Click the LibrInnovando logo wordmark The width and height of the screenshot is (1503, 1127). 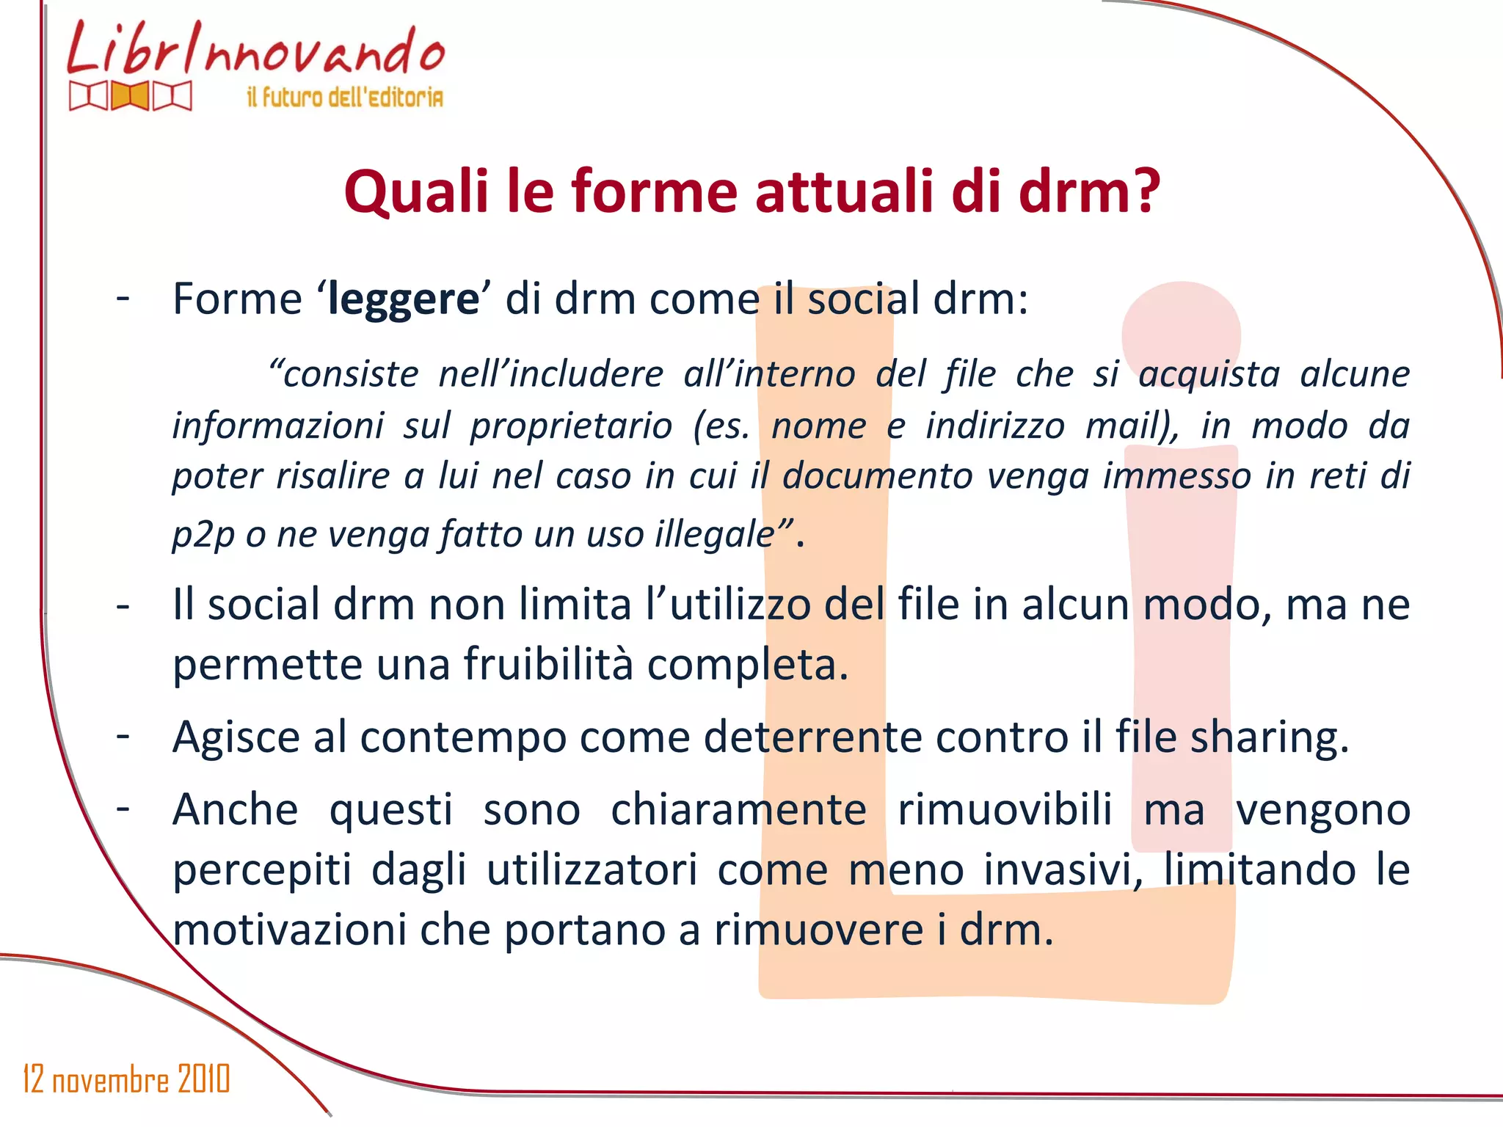255,50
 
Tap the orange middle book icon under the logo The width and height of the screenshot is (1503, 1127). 131,96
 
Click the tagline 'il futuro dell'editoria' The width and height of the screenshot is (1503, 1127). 345,97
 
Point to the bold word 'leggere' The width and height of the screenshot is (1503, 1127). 403,300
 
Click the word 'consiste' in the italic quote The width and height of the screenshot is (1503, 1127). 343,374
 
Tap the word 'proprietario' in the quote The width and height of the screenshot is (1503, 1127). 571,426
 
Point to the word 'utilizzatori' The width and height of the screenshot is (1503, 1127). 592,870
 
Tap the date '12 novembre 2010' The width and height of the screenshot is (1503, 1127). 126,1079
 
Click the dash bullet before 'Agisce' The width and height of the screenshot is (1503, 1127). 123,736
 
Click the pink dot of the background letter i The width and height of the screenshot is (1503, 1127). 1181,334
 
